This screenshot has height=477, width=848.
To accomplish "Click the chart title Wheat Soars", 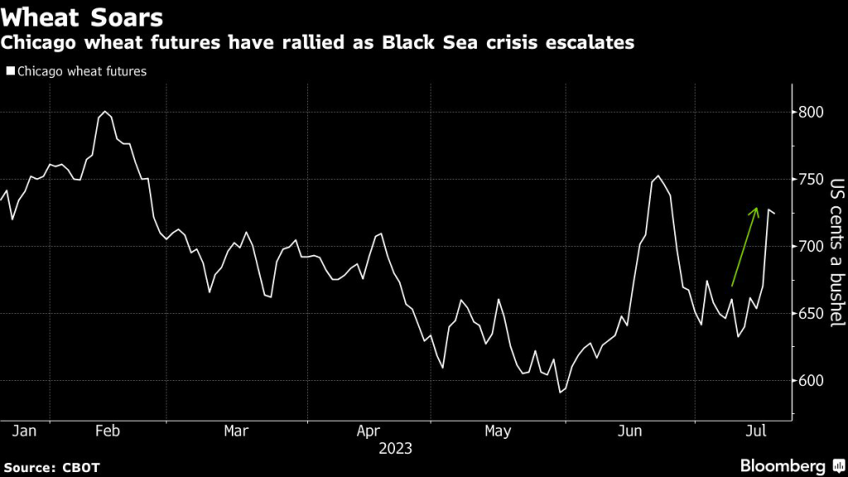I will click(x=82, y=17).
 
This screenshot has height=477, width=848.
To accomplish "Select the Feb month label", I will click(x=108, y=431).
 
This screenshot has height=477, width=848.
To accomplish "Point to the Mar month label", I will click(x=237, y=431).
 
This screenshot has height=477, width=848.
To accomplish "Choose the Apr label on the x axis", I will click(x=368, y=431).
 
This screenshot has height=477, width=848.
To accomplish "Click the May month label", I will click(x=499, y=431).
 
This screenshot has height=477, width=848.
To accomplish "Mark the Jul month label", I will click(x=755, y=431).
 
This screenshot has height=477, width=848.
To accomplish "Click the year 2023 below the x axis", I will click(x=396, y=449).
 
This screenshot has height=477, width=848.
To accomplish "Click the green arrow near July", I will click(x=744, y=246).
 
